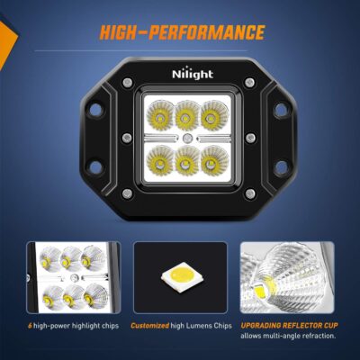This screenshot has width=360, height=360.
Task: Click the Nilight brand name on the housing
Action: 180,79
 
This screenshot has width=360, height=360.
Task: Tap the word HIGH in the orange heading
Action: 123,33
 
